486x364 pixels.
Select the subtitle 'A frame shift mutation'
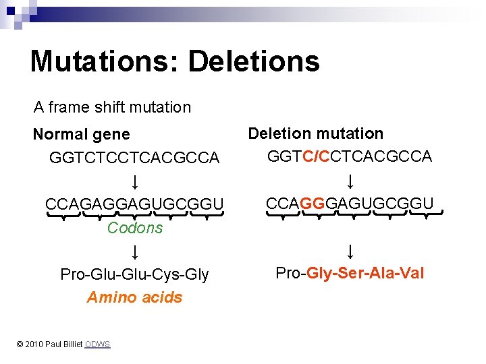tap(113, 107)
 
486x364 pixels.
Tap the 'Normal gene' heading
tap(81, 135)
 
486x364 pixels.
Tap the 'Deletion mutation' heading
tap(315, 133)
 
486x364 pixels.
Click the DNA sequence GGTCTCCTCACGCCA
tap(134, 158)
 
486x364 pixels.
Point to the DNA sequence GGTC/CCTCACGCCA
tap(349, 156)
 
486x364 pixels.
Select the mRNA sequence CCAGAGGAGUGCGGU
tap(134, 204)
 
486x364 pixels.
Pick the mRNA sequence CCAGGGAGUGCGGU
tap(349, 202)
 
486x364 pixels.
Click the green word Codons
tap(135, 228)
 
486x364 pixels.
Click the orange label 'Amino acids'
tap(134, 297)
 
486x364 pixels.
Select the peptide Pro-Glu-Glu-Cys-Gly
tap(134, 274)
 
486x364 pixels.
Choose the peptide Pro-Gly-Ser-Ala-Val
tap(350, 273)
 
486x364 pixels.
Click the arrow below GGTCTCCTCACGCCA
tap(135, 181)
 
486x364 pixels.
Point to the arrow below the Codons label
tap(135, 252)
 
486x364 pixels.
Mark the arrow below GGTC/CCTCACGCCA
tap(350, 181)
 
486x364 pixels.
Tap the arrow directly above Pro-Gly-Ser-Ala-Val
tap(350, 251)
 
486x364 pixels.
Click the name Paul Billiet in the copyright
tap(64, 344)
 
